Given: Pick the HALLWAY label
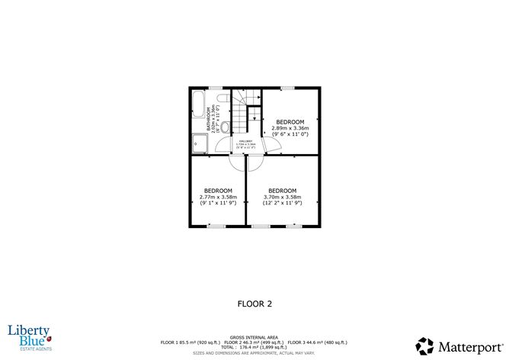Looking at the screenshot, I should [246, 140].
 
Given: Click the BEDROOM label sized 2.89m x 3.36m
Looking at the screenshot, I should [290, 122].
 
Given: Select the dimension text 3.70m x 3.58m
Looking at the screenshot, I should [282, 198].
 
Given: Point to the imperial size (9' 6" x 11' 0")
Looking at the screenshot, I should [290, 135].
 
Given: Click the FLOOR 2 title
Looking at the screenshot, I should [254, 303].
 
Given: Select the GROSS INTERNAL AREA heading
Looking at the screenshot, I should [254, 336].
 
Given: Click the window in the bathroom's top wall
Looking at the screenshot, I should [216, 88].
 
